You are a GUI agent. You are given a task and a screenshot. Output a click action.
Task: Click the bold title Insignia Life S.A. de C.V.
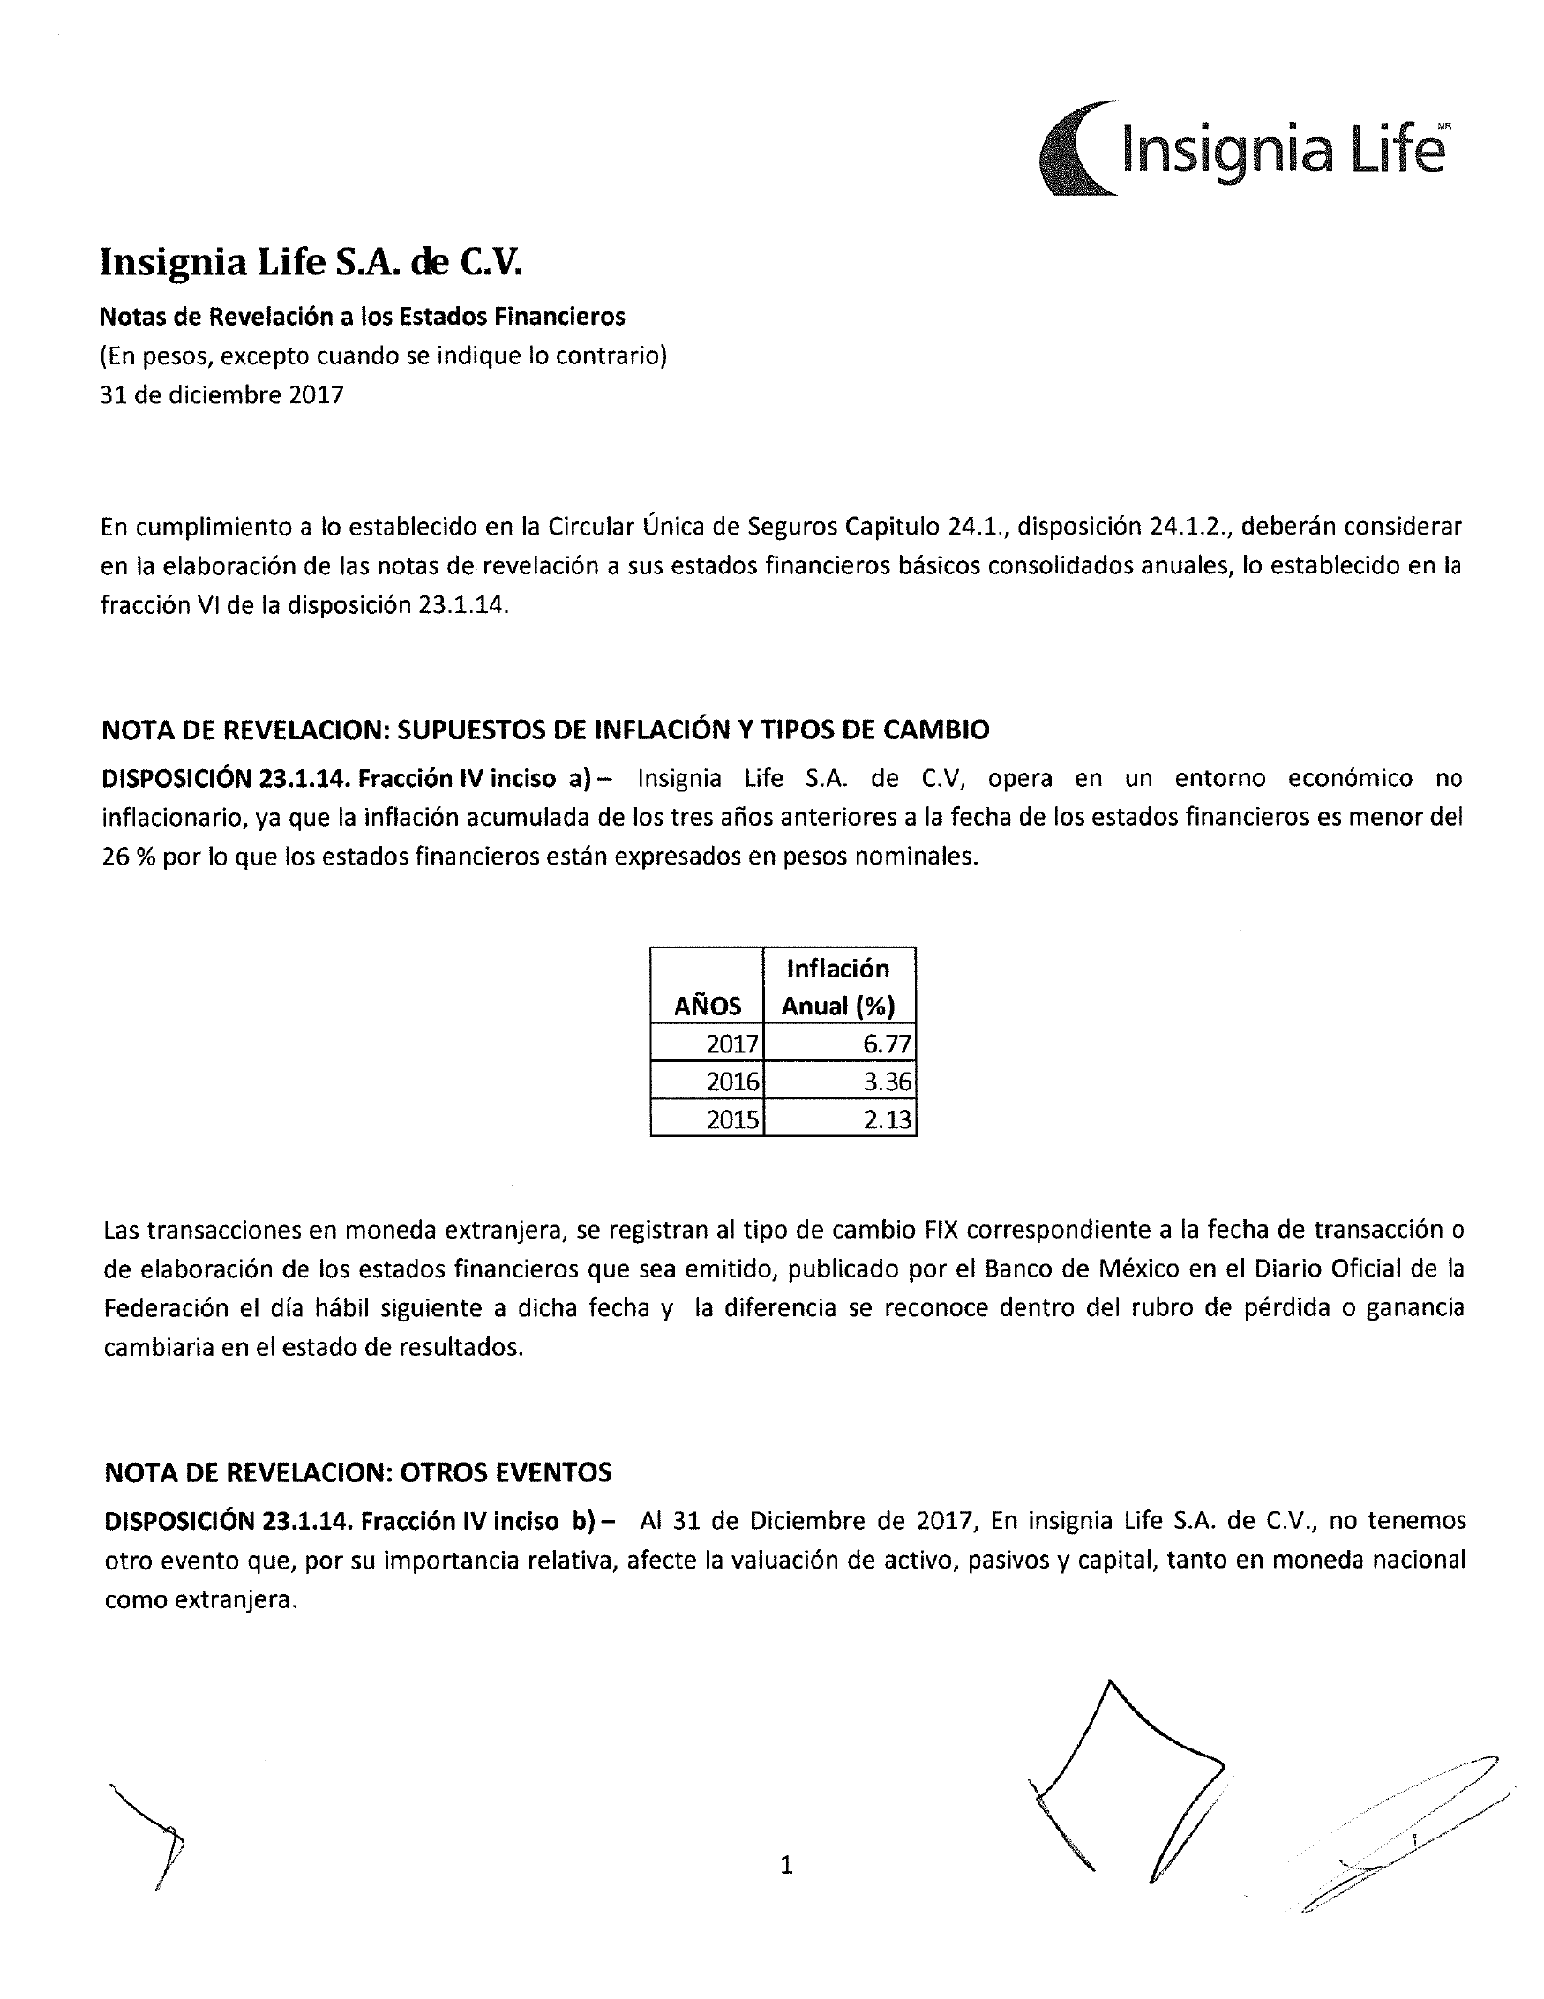311,262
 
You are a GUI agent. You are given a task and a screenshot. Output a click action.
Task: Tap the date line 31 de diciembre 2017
221,394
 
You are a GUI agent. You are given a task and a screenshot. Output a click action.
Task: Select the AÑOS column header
707,1006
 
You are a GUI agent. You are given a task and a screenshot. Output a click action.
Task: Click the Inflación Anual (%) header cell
838,986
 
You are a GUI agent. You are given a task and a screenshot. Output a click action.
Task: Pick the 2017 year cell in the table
731,1044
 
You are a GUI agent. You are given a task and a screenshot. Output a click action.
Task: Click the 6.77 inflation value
886,1044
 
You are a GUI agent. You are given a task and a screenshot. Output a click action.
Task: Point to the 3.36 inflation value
886,1082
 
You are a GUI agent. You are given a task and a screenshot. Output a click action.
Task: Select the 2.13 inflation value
886,1119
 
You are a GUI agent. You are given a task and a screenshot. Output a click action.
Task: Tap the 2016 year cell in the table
731,1082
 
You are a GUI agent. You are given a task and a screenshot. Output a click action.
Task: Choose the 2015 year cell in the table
731,1119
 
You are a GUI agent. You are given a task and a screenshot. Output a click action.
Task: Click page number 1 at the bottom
786,1864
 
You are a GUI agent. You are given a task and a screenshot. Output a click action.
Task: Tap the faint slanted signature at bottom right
1400,1831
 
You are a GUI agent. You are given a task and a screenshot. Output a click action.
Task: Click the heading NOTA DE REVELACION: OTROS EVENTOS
358,1471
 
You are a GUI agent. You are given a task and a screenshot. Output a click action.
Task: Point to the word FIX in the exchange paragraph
941,1229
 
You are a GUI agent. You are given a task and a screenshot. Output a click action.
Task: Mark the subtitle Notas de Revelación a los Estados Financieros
363,317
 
